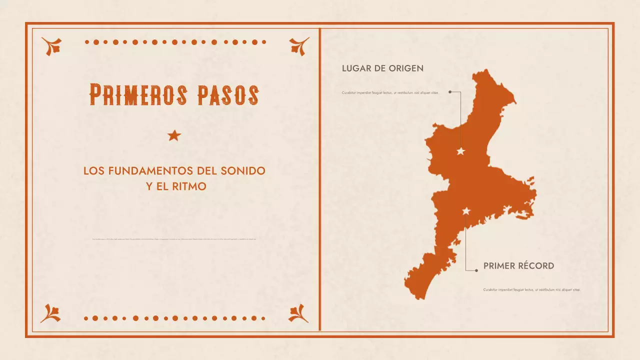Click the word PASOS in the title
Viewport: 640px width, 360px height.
point(228,94)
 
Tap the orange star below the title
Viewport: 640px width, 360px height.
point(174,135)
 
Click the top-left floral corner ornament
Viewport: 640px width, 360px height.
point(51,46)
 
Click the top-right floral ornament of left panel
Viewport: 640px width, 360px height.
point(299,46)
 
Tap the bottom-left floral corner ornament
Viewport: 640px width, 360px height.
point(50,313)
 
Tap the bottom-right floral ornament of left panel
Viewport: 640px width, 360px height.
point(299,313)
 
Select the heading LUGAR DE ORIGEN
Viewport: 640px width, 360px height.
point(382,68)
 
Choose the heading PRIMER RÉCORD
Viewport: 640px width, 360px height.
point(518,266)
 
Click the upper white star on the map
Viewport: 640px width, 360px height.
point(461,151)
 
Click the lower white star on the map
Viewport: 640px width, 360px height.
point(466,211)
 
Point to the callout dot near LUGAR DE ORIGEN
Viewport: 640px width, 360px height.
point(450,92)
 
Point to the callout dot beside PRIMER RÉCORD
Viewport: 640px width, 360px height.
point(476,270)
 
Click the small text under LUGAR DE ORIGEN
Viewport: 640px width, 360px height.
point(390,93)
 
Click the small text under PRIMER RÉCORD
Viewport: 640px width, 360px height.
point(531,289)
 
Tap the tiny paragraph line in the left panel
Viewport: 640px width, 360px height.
point(174,239)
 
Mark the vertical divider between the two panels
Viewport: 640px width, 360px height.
point(319,180)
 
